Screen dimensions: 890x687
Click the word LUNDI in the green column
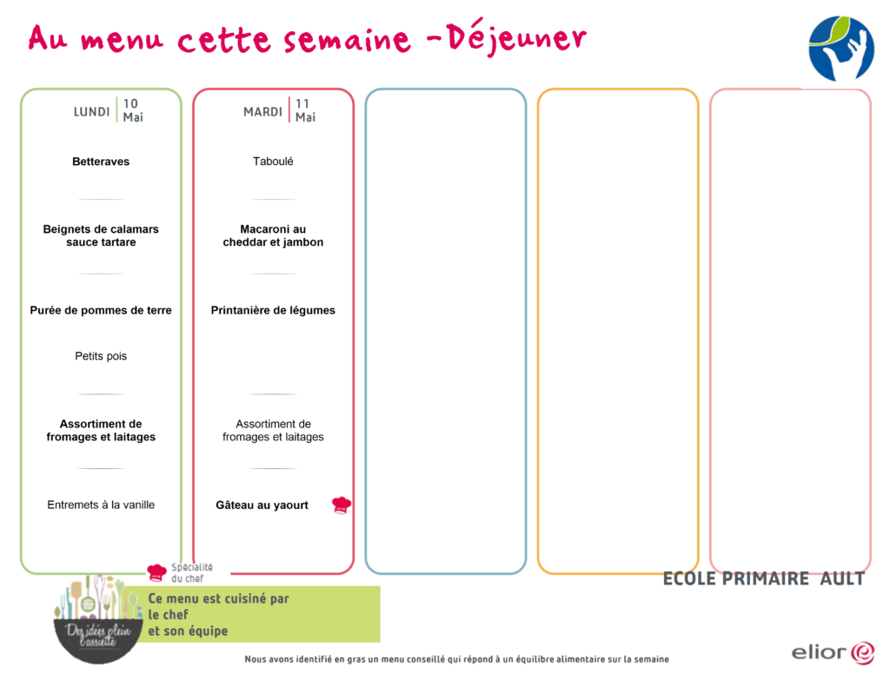point(91,112)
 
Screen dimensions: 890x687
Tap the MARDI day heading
point(262,112)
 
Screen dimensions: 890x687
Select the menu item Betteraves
point(101,162)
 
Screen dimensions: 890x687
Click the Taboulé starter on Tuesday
point(273,162)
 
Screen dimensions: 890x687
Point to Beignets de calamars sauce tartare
point(101,235)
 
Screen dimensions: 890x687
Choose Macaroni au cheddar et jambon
point(273,235)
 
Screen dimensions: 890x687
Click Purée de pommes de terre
point(101,310)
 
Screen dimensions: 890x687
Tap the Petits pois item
point(101,356)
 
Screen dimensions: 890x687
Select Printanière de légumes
point(273,310)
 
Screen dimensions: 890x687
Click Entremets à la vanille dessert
point(101,505)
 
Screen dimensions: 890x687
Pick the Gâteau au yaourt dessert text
point(262,505)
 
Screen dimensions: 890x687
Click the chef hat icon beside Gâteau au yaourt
point(341,505)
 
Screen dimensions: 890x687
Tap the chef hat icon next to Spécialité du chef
point(156,572)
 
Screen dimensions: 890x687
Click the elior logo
point(833,652)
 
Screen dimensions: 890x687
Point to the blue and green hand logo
point(841,49)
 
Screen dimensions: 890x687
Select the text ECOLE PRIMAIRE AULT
point(764,578)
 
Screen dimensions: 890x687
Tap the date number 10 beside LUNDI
point(130,104)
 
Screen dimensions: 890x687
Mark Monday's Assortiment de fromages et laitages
point(101,431)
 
